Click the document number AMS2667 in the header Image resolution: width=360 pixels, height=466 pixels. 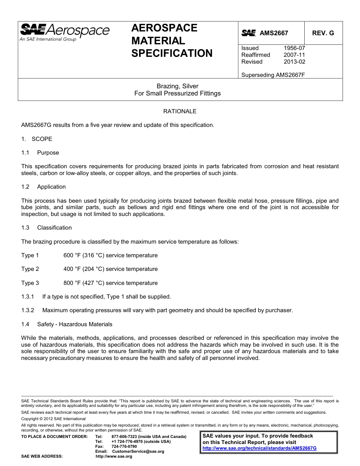274,33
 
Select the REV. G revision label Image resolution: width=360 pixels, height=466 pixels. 323,33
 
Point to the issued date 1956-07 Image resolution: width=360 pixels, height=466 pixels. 294,48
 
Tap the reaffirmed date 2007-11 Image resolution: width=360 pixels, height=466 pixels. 294,55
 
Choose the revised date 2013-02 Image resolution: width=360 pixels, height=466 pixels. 294,62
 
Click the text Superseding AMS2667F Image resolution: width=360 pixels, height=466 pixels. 273,75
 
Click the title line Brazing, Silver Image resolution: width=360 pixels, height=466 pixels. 177,86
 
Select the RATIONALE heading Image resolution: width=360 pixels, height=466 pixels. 180,111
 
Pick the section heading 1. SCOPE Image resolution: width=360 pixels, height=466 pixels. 37,139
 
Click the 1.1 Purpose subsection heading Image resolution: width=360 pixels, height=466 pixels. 40,153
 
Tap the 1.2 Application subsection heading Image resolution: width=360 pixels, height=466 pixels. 44,187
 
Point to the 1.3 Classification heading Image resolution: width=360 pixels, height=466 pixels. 47,228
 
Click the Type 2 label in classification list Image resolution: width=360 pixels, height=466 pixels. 30,269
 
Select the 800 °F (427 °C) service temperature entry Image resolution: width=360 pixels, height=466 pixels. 110,283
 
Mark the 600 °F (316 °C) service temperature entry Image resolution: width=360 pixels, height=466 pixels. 110,255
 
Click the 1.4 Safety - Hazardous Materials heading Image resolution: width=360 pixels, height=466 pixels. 67,324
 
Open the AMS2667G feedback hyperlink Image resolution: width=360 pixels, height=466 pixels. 259,448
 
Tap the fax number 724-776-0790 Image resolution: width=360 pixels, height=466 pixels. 124,447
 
